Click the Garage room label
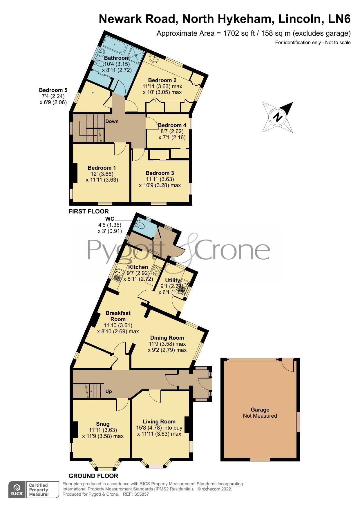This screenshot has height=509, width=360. coord(260,410)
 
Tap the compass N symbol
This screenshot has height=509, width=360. coord(278,117)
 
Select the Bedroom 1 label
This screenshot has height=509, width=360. coord(102,168)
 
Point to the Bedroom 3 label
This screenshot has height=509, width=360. coord(160,173)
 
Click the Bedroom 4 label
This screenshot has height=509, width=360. coord(172,125)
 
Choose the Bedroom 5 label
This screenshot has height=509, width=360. coord(53,90)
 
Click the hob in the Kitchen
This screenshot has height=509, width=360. coord(157,270)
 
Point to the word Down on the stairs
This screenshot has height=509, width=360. coord(112,121)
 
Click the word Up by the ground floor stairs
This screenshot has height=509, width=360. coord(108,391)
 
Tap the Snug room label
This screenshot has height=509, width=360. coord(103,424)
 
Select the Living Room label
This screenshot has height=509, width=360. coord(159,421)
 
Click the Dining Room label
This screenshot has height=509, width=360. coord(167,338)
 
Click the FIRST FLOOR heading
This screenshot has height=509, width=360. coord(88,211)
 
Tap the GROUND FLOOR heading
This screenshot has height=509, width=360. coord(93,476)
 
